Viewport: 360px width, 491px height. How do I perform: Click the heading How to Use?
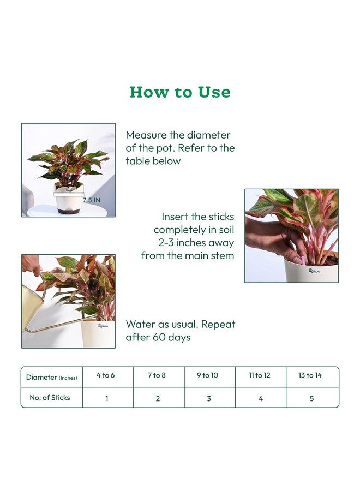click(180, 92)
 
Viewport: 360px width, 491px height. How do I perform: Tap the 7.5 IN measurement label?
click(92, 200)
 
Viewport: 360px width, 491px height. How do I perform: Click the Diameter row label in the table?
click(51, 377)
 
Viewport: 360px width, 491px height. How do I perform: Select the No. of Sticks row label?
click(50, 398)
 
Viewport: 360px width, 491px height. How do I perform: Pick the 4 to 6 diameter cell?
click(106, 375)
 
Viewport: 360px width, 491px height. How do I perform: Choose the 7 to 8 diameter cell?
click(157, 375)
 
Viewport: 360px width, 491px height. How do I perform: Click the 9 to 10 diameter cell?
click(208, 375)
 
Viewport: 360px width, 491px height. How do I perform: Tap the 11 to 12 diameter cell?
click(259, 375)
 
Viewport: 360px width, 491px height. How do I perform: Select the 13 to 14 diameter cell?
click(310, 375)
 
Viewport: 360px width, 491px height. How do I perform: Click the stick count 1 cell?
click(107, 398)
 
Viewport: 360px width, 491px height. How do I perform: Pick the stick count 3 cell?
click(209, 398)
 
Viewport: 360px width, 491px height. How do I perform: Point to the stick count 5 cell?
click(311, 398)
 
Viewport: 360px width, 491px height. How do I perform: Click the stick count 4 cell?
click(261, 398)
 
